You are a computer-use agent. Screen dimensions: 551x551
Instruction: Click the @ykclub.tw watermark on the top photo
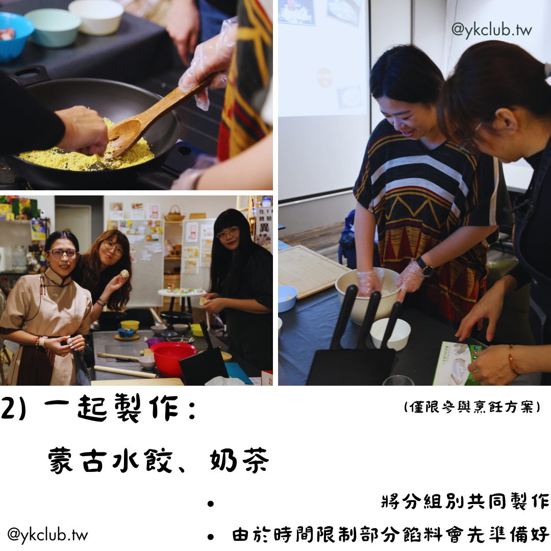[x=491, y=30]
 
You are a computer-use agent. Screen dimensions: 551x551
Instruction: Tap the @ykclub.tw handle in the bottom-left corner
[x=47, y=535]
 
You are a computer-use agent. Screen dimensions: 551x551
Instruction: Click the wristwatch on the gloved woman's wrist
[x=424, y=267]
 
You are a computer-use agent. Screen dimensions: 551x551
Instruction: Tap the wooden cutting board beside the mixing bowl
[x=309, y=270]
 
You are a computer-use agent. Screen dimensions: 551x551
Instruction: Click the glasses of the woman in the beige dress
[x=63, y=254]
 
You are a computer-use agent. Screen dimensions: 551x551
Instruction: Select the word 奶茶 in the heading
[x=239, y=460]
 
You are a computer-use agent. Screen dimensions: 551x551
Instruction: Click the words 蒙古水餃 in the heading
[x=110, y=460]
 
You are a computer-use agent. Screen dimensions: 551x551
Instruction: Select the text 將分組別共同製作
[x=466, y=501]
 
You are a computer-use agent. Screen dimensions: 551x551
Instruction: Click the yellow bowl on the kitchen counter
[x=130, y=325]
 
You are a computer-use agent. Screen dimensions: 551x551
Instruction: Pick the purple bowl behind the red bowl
[x=155, y=343]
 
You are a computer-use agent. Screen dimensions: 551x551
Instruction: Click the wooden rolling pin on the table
[x=125, y=372]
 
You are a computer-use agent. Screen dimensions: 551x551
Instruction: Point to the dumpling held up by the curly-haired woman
[x=125, y=273]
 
